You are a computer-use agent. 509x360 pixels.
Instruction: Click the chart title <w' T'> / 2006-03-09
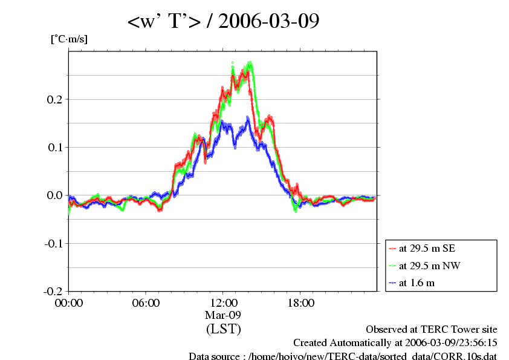(x=223, y=22)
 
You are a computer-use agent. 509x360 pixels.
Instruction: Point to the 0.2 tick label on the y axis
(x=54, y=99)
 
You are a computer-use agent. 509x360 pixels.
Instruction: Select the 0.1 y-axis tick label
(x=54, y=147)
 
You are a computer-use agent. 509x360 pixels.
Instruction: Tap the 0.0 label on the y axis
(x=54, y=195)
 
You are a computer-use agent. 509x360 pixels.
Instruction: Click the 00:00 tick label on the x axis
(x=68, y=303)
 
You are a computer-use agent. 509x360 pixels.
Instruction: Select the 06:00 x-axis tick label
(x=146, y=303)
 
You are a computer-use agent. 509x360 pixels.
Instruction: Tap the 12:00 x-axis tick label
(x=223, y=303)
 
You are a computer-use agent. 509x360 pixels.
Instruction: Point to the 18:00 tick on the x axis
(x=300, y=303)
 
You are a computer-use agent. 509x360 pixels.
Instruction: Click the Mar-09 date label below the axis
(x=223, y=315)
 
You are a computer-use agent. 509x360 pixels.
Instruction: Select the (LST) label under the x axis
(x=223, y=329)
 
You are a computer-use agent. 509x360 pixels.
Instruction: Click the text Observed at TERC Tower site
(x=431, y=330)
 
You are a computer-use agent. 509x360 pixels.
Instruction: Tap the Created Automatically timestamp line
(x=395, y=343)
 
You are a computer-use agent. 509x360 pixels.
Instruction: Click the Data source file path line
(x=343, y=356)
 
